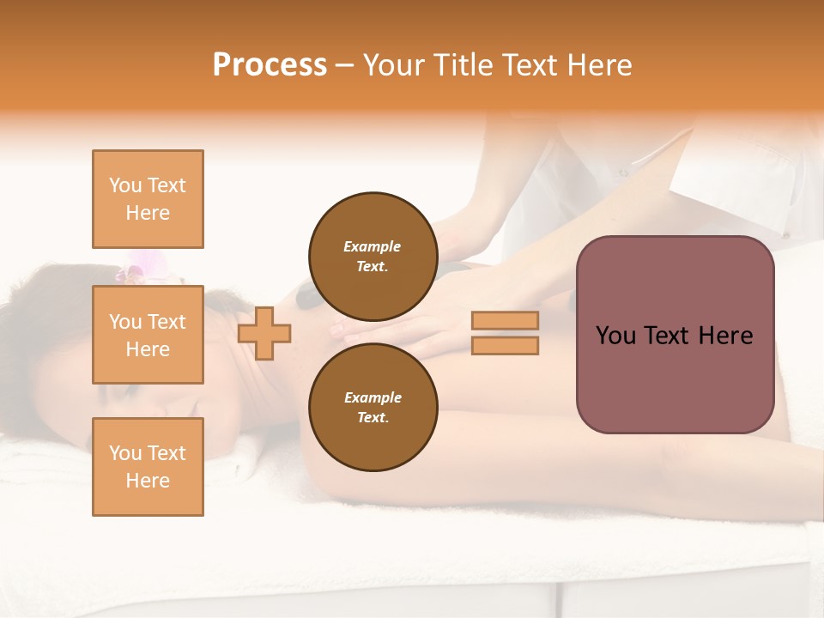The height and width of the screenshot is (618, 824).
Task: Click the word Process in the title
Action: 270,65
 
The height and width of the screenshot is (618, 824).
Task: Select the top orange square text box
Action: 148,199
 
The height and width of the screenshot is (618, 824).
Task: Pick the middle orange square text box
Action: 148,335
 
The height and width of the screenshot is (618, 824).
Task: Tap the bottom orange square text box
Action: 148,467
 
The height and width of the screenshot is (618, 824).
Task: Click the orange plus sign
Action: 264,334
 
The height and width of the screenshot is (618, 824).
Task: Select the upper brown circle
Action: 373,257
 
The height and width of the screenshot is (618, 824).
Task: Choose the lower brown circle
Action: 373,408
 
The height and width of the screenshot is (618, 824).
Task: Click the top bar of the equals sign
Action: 505,321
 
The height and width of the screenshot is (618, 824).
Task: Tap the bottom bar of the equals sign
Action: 505,346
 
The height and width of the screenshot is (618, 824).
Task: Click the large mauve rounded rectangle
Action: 675,335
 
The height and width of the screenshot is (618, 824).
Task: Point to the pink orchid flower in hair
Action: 131,270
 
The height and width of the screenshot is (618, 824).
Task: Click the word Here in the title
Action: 597,65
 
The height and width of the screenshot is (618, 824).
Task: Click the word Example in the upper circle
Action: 373,246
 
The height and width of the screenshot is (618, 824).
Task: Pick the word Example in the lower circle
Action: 373,397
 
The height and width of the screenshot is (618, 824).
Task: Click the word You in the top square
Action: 124,185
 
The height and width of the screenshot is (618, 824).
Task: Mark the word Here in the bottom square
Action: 148,481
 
